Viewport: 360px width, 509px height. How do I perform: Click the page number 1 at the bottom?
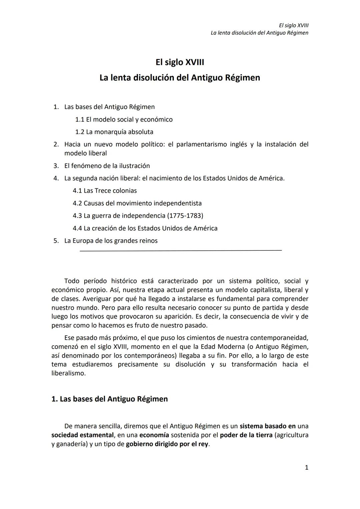(306, 467)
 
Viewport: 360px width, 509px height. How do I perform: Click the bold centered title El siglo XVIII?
(180, 62)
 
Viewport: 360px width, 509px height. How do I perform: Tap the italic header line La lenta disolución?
(259, 33)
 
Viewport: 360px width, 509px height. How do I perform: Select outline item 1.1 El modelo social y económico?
(124, 119)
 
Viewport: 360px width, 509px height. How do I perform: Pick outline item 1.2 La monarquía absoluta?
(114, 132)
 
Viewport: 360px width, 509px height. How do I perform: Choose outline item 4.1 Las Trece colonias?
(105, 191)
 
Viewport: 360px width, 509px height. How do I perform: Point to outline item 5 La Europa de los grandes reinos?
(111, 241)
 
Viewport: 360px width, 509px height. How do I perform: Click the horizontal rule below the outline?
(180, 250)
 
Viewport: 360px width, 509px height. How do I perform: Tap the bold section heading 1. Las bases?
(109, 399)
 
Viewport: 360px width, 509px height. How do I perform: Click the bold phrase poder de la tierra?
(246, 435)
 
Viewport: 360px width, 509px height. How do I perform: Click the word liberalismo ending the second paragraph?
(68, 373)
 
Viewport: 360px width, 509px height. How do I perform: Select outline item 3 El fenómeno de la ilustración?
(107, 166)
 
